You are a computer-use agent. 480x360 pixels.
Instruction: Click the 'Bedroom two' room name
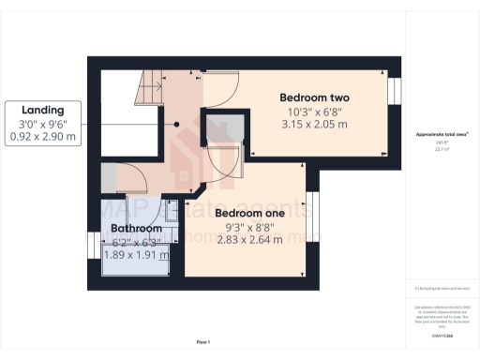[314, 97]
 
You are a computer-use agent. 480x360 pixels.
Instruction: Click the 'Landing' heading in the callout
[43, 108]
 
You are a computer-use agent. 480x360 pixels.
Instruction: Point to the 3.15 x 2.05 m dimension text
[314, 124]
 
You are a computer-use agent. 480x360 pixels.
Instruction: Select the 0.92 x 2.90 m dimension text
[43, 136]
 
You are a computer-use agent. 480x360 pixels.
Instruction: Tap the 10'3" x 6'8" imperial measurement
[314, 111]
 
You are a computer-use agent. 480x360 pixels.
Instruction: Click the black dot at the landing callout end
[175, 122]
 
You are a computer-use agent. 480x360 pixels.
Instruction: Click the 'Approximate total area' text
[441, 135]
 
